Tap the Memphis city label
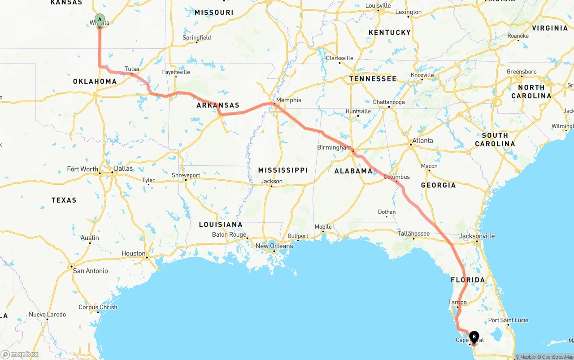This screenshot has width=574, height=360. [289, 100]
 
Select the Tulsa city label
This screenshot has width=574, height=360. [132, 69]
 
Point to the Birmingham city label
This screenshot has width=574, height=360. [334, 147]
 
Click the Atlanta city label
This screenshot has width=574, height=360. [422, 140]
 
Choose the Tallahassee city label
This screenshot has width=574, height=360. [413, 233]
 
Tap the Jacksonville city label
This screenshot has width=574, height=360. [477, 236]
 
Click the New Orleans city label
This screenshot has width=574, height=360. [274, 246]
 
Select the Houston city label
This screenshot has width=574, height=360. [133, 253]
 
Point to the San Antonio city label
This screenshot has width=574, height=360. [91, 271]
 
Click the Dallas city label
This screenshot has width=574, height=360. [123, 169]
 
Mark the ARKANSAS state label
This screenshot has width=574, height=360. [218, 105]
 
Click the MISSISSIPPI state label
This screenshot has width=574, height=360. [283, 170]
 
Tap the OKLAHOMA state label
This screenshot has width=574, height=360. [95, 82]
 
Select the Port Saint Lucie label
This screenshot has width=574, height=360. [508, 320]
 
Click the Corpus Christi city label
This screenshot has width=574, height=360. [98, 307]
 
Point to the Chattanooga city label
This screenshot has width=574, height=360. [389, 102]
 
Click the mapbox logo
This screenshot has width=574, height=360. [20, 354]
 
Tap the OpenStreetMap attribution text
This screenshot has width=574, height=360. [557, 357]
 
